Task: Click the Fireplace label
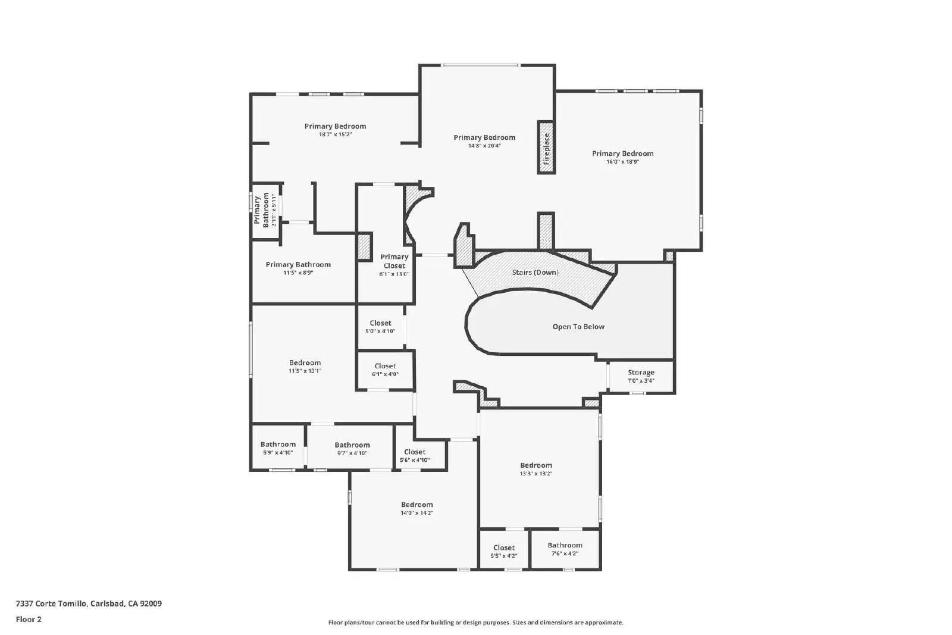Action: (x=546, y=148)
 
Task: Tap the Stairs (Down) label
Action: (x=535, y=273)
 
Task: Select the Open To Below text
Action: (x=578, y=327)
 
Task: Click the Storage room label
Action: (x=641, y=373)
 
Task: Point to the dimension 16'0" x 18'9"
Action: (x=622, y=162)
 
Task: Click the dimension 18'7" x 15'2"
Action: (x=335, y=134)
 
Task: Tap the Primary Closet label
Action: (x=394, y=261)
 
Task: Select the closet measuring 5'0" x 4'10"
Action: (x=380, y=327)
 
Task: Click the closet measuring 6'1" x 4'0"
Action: (x=385, y=370)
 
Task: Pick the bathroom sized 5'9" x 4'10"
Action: (x=278, y=448)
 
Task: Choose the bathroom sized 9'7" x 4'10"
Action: (x=352, y=449)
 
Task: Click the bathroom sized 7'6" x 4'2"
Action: (x=565, y=549)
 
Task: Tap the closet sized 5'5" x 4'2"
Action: (x=503, y=552)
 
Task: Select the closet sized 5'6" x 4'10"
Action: (x=414, y=456)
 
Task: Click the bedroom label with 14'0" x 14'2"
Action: (x=416, y=505)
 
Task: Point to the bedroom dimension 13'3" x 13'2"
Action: (x=535, y=474)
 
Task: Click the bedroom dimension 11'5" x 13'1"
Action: (x=305, y=371)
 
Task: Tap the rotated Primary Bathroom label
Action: (x=261, y=211)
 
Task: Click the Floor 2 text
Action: (x=29, y=619)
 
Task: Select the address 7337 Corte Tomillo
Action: (x=52, y=603)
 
